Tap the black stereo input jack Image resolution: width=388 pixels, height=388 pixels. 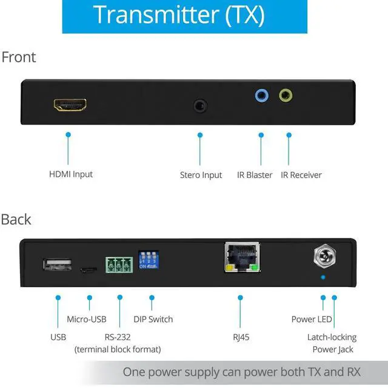(x=200, y=106)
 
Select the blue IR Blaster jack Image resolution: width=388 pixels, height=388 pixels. (x=261, y=95)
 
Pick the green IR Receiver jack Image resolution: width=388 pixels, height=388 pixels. (x=286, y=95)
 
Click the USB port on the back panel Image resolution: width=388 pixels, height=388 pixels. (x=57, y=264)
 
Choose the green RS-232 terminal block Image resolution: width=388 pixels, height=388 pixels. (x=119, y=265)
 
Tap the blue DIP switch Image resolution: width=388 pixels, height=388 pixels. (x=149, y=258)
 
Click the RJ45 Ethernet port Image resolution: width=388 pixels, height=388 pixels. (x=241, y=257)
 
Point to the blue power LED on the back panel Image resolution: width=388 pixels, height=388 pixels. (x=323, y=277)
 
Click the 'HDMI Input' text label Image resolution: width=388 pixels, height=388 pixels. (x=71, y=174)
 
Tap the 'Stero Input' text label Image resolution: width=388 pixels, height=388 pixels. (x=201, y=175)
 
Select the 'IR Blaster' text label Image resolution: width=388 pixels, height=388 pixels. (x=255, y=175)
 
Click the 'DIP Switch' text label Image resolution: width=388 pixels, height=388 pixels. (x=153, y=319)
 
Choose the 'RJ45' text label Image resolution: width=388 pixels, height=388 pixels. (x=241, y=337)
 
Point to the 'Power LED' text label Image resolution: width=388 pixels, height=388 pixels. (x=312, y=319)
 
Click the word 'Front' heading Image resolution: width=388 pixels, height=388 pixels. (x=19, y=58)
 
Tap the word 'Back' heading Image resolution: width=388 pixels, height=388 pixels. (x=16, y=219)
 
